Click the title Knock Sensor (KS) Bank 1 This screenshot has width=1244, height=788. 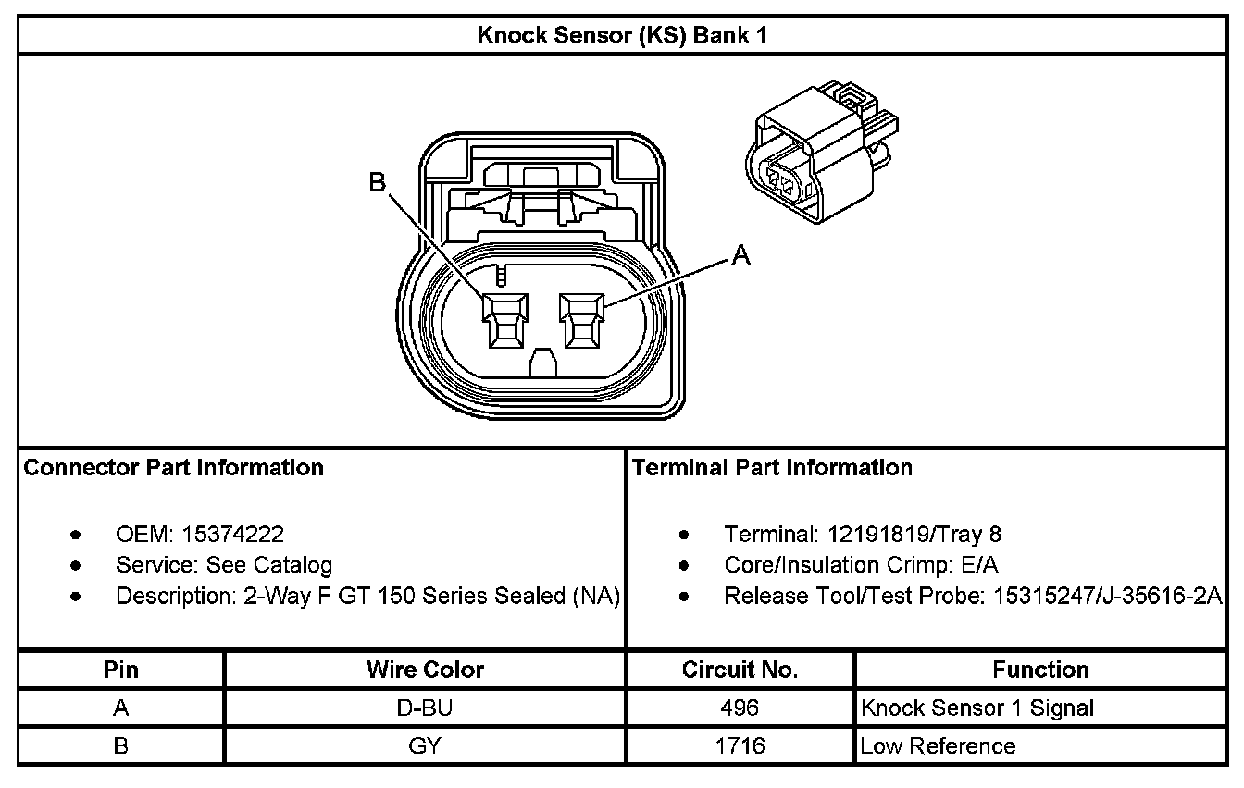coord(621,36)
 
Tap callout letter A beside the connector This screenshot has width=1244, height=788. coord(740,254)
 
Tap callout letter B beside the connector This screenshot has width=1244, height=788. coord(378,182)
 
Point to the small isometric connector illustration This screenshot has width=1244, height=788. coord(818,153)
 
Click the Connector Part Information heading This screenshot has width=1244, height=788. coord(174,467)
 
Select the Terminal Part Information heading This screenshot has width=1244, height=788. coord(772,467)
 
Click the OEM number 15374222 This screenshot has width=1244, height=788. coord(233,534)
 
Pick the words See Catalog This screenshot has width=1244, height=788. coord(269,564)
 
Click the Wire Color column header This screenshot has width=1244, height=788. coord(425,670)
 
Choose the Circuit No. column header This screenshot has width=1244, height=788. coord(740,670)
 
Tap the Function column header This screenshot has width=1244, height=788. coord(1040,670)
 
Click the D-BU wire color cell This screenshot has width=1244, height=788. coord(425,708)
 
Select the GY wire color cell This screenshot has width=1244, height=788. coord(425,745)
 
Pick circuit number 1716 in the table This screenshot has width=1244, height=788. coord(740,745)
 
